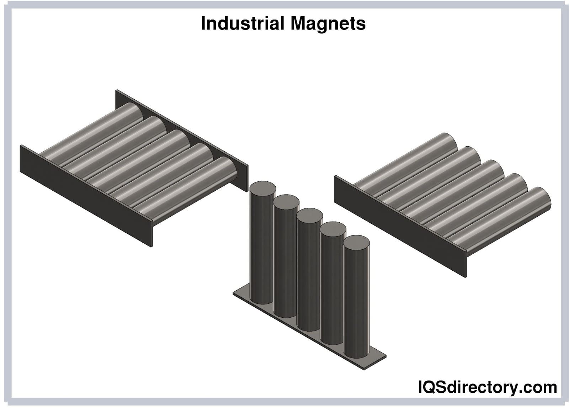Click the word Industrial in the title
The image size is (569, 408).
pos(243,23)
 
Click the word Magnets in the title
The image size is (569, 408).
pos(328,23)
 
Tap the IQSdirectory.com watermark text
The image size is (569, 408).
pos(488,387)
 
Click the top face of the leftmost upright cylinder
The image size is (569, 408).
pos(263,189)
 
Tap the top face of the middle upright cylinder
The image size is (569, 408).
pos(309,216)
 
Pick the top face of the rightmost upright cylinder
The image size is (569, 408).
pos(356,243)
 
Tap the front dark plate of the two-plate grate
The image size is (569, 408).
pos(86,196)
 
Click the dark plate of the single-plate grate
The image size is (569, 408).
pos(400,226)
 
